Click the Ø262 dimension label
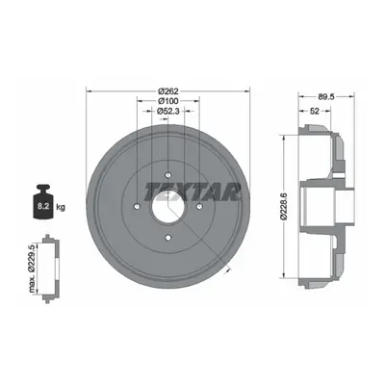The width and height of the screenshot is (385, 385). pos(168,90)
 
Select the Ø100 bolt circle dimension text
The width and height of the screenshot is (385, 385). pos(168,101)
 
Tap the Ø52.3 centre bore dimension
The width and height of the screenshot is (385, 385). pos(168,111)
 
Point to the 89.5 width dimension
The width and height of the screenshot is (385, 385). pos(326,96)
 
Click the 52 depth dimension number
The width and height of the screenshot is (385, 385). pos(315,111)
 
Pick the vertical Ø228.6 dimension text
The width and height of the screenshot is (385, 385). pos(284,206)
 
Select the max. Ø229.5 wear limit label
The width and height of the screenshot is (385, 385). pos(32,268)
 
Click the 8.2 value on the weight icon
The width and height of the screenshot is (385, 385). pos(42,206)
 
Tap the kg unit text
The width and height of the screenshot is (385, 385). pos(61,207)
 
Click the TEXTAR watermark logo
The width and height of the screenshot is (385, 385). pos(192,192)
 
